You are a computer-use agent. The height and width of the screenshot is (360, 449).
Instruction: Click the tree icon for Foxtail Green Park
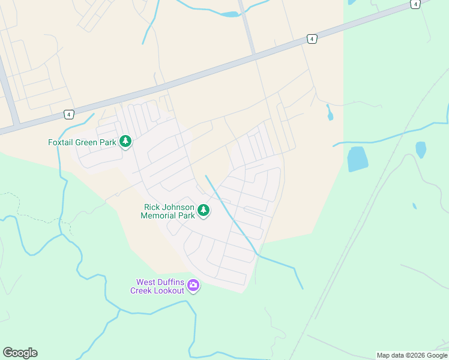pyautogui.click(x=125, y=142)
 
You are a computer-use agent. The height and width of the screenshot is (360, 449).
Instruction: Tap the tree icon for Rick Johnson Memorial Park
pyautogui.click(x=204, y=211)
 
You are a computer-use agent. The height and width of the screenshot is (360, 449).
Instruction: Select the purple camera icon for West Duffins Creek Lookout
pyautogui.click(x=193, y=286)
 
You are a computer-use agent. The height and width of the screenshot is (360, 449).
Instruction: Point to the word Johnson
pyautogui.click(x=178, y=207)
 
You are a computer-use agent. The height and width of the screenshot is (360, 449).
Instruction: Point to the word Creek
pyautogui.click(x=142, y=290)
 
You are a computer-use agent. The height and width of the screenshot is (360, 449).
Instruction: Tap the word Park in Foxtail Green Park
pyautogui.click(x=108, y=143)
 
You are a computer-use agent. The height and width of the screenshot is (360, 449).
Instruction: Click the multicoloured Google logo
pyautogui.click(x=20, y=353)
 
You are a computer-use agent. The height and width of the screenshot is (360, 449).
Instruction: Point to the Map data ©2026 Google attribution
pyautogui.click(x=412, y=355)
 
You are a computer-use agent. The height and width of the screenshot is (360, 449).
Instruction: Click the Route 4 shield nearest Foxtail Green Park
pyautogui.click(x=70, y=114)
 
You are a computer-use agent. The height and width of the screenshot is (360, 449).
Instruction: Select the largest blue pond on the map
pyautogui.click(x=357, y=158)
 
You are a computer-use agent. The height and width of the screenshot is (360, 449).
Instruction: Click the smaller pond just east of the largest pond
pyautogui.click(x=421, y=149)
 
